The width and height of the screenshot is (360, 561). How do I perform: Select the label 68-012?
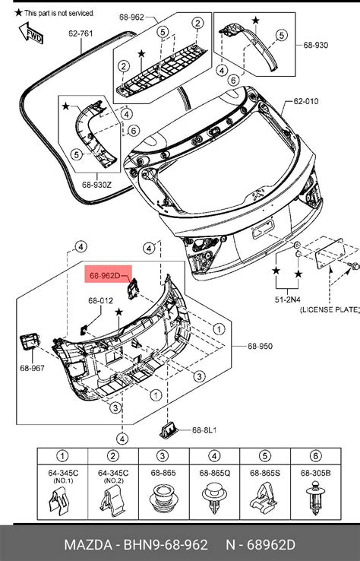pyautogui.click(x=99, y=300)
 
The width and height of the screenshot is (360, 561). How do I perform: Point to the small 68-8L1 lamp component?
pyautogui.click(x=169, y=430)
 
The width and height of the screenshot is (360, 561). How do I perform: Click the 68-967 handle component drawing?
pyautogui.click(x=29, y=342)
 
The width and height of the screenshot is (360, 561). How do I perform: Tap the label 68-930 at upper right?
pyautogui.click(x=316, y=44)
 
